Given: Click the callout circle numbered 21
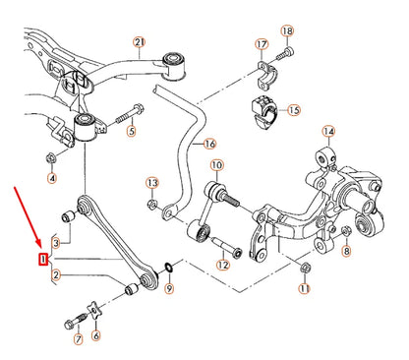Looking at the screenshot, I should tap(139, 41).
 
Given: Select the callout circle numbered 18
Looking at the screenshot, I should tap(287, 31).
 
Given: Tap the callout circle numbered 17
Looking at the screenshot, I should tap(261, 45).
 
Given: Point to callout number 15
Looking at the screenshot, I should tap(294, 110).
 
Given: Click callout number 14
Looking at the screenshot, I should tap(328, 131).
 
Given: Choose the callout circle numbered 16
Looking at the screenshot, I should tap(208, 143).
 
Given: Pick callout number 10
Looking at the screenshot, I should tap(216, 166).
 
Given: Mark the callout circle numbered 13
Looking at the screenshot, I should tap(151, 183).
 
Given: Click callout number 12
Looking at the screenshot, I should tap(223, 264).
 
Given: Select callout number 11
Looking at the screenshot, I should tap(305, 289).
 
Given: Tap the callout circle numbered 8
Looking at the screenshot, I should tap(346, 252).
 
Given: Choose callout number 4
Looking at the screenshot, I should tap(52, 178).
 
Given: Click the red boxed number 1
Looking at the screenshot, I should tap(42, 259).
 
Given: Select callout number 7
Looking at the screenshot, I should tap(79, 341).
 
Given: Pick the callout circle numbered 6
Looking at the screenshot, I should tap(95, 335).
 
